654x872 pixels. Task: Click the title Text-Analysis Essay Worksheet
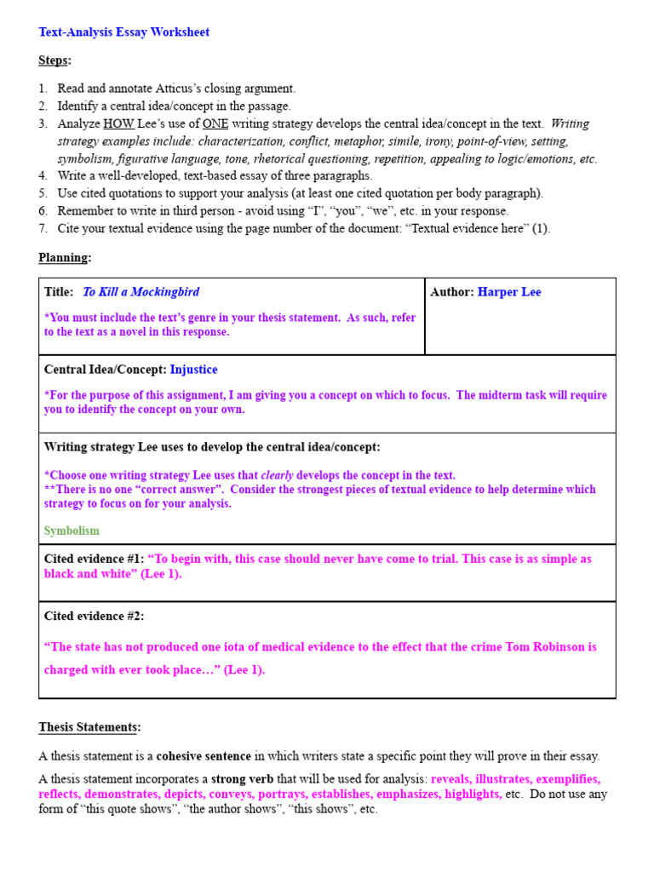coord(124,32)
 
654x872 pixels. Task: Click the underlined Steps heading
coord(54,60)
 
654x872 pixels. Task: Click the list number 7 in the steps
coord(43,228)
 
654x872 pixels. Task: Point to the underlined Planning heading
coord(64,257)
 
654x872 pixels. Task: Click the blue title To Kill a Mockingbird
coord(141,292)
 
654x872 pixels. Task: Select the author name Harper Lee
coord(509,292)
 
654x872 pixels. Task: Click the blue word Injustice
coord(193,370)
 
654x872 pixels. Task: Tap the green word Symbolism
coord(72,531)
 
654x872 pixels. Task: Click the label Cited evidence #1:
coord(94,559)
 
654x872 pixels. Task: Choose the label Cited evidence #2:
coord(94,616)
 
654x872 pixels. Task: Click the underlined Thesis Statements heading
coord(89,727)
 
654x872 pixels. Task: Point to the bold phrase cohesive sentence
coord(204,756)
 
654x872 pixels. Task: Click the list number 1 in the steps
coord(43,89)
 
